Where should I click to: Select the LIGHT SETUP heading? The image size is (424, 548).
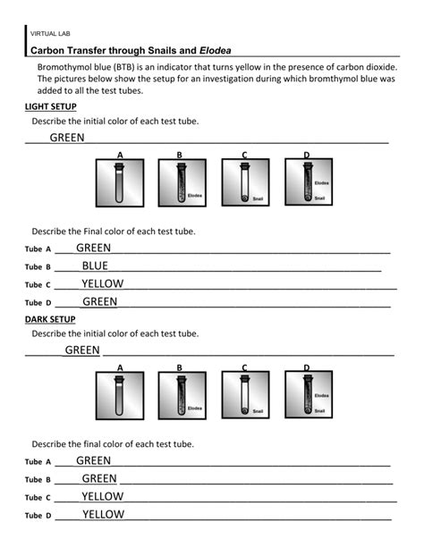point(50,106)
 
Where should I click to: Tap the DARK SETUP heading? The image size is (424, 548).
point(50,319)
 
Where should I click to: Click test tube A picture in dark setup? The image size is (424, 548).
point(120,395)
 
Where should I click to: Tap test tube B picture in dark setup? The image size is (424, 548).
point(182,395)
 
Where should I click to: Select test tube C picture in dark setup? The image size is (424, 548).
point(244,395)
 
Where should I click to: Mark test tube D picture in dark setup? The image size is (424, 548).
point(308,395)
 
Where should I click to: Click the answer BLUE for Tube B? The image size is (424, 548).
point(94,266)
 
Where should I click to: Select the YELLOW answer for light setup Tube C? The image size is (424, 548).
point(102,283)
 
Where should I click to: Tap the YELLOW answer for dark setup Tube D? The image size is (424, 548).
point(103,514)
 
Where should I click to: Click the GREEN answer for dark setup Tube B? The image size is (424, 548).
point(99,478)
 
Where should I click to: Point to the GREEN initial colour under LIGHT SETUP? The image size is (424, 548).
point(67,138)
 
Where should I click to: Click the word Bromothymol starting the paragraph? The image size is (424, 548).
point(68,68)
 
